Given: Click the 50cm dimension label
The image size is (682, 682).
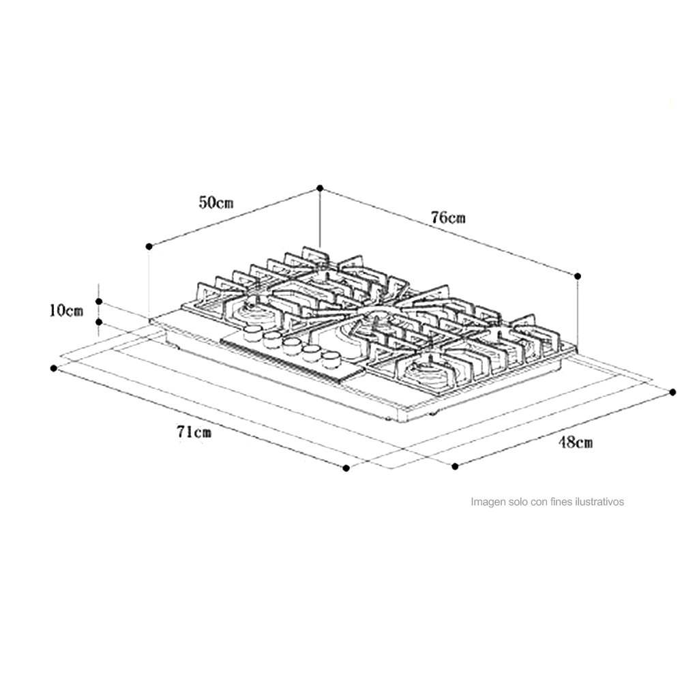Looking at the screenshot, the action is click(x=216, y=203).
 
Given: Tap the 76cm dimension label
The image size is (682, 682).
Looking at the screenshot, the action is click(x=448, y=217).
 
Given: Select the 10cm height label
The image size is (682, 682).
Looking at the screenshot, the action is click(x=65, y=310).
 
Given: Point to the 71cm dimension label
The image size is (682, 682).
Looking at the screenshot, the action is click(x=194, y=432).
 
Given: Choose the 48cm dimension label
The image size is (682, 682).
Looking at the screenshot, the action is click(x=576, y=443).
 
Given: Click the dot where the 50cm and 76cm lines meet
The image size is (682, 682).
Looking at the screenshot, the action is click(x=320, y=188).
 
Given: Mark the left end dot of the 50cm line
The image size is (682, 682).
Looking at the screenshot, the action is click(x=149, y=247).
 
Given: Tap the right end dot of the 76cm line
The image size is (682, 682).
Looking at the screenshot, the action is click(x=578, y=276).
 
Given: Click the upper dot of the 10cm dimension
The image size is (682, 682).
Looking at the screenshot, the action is click(x=99, y=301).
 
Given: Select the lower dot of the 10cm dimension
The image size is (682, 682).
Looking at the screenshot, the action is click(x=99, y=322).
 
